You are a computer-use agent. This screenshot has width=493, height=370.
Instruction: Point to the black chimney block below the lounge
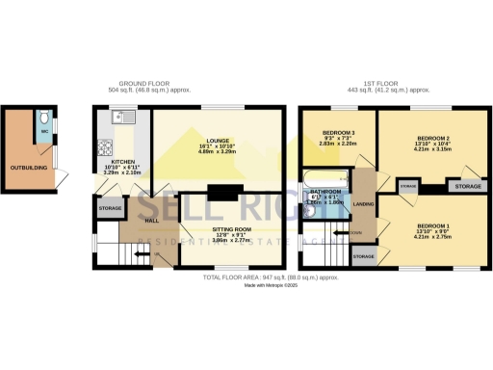[221, 193]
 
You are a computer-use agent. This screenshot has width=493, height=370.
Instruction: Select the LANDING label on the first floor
[363, 204]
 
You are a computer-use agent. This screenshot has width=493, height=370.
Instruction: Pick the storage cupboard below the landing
[363, 256]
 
